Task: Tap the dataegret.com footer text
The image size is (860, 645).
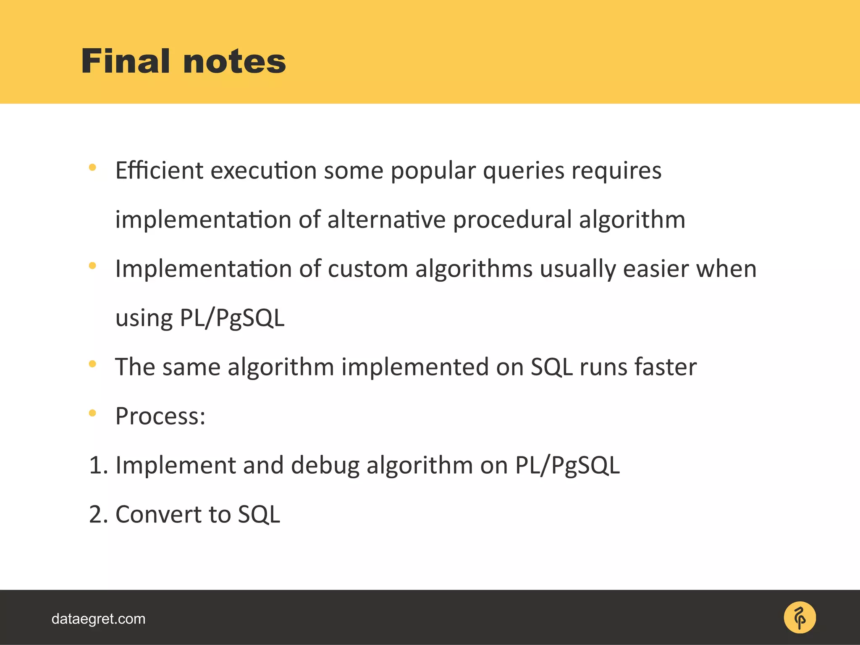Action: click(x=98, y=619)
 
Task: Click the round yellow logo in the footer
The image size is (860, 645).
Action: click(x=800, y=618)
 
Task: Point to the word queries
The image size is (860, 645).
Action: click(x=523, y=171)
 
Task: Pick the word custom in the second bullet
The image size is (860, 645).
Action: click(x=368, y=269)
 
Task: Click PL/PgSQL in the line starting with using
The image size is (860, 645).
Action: click(x=232, y=318)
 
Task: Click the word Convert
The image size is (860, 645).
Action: click(x=173, y=515)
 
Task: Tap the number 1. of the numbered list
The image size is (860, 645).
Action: click(x=98, y=466)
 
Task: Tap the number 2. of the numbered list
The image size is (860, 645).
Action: click(x=98, y=515)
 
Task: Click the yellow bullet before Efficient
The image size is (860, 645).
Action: click(x=92, y=168)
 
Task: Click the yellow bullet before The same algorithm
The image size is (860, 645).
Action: click(x=92, y=364)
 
